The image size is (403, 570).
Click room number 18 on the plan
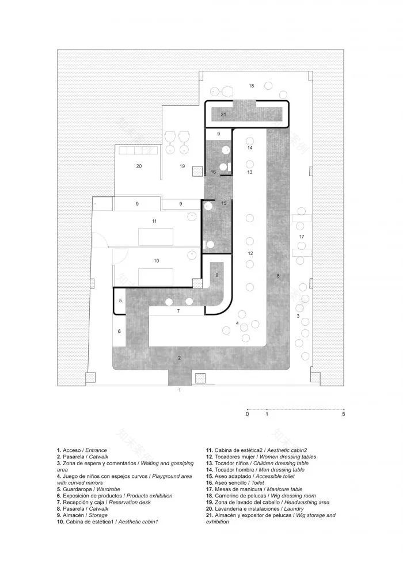click(x=251, y=86)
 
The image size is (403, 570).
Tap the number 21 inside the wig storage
click(x=223, y=115)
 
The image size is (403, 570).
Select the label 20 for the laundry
click(x=139, y=166)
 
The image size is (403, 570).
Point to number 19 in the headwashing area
click(x=181, y=166)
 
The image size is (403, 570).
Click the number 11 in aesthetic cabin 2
click(x=154, y=221)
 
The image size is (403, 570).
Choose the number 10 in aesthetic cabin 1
click(x=156, y=261)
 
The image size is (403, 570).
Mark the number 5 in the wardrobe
click(x=120, y=301)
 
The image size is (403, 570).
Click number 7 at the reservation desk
click(x=178, y=311)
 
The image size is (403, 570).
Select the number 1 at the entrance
click(x=180, y=390)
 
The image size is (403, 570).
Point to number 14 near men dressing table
click(x=250, y=148)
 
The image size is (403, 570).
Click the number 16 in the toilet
click(x=213, y=172)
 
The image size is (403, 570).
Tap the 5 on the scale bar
click(x=344, y=413)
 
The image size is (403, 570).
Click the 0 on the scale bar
click(x=247, y=413)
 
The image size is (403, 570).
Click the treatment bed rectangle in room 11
click(x=156, y=236)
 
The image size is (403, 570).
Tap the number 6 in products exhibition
click(x=120, y=332)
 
